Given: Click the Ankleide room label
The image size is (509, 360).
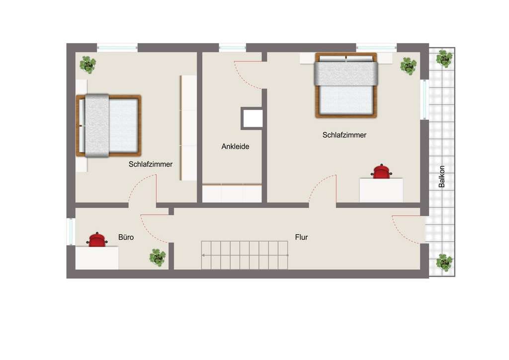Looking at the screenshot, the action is [x=235, y=146].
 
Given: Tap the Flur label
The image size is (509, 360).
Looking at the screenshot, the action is [x=301, y=237].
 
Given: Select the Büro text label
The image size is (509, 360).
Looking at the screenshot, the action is [x=126, y=237].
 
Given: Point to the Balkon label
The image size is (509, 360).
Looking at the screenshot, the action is [x=441, y=177].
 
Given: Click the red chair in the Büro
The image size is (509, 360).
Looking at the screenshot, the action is [x=97, y=240].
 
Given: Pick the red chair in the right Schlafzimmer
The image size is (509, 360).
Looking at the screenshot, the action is [x=381, y=171].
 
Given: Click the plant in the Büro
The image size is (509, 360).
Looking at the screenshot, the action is [x=158, y=258].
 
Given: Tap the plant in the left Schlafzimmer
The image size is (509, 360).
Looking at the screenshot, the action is [x=87, y=65].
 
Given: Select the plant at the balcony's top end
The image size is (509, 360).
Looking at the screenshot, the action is [x=444, y=59].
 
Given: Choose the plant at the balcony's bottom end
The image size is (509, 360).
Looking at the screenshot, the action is [x=444, y=262].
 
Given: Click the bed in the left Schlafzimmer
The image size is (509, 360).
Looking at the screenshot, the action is [x=109, y=126].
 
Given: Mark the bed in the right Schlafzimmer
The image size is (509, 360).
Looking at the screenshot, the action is [x=346, y=86].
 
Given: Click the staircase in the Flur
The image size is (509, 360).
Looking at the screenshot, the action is [x=245, y=255].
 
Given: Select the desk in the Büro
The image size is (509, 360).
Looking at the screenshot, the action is [x=97, y=258].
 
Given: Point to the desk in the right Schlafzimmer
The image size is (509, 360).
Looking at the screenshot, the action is [x=381, y=190].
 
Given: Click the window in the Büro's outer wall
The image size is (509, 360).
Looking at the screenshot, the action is [x=71, y=231].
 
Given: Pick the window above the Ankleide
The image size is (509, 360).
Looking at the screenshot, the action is [x=233, y=48].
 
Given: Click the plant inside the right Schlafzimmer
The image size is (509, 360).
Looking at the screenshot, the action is [x=409, y=66].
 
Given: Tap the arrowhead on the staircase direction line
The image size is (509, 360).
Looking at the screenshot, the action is [x=203, y=256].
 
